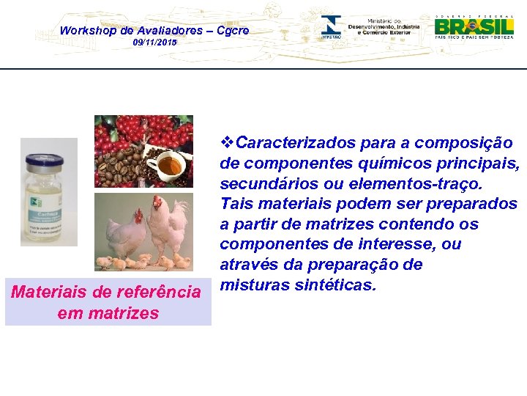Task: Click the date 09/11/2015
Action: (154, 43)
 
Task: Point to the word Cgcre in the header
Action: (233, 30)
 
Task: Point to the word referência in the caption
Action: (154, 293)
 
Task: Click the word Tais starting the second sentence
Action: (236, 203)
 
